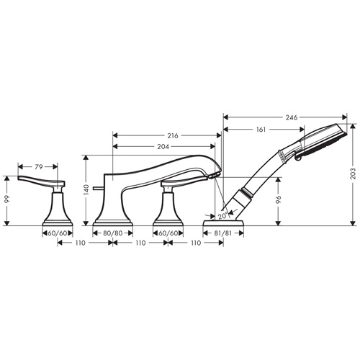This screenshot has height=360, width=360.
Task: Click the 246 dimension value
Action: [292, 117]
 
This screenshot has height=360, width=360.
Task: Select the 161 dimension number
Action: [261, 130]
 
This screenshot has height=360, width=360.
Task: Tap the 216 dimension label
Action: [173, 136]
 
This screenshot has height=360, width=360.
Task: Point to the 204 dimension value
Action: [163, 146]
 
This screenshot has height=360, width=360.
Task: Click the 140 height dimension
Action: [86, 189]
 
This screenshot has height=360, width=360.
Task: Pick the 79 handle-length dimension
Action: [39, 167]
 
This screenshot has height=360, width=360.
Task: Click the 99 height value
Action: [8, 199]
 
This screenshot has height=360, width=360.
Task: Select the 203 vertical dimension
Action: [353, 174]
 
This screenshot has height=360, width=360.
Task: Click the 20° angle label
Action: [222, 215]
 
